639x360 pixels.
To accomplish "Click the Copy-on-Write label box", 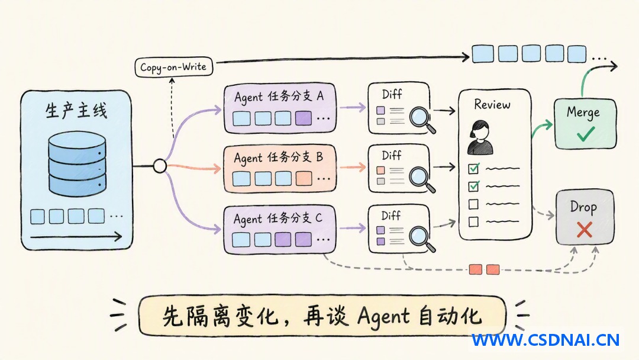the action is coord(173,67).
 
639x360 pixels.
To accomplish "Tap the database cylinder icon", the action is coord(77,164).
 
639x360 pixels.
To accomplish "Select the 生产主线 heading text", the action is coord(76,111).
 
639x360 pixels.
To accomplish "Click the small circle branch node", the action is coord(160,166).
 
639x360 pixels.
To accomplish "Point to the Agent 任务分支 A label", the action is coord(279,97).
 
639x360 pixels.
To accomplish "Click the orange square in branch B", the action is coord(304,179).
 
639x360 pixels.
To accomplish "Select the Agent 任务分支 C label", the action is coord(278,218).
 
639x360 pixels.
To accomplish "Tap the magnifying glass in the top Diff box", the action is coord(422,119).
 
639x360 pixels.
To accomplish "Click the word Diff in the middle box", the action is coord(391,155).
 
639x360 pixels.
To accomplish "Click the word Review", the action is coord(492,105).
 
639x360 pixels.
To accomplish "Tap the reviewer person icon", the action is coord(480,137).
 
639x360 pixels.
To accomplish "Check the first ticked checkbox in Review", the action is coord(473,168).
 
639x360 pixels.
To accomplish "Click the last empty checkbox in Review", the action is coord(473,222).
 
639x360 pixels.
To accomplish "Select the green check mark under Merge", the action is coord(586,133).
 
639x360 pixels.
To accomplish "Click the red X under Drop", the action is coord(585,230).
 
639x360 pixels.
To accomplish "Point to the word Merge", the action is coord(583,112).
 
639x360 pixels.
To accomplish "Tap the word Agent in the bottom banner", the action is coord(383,316).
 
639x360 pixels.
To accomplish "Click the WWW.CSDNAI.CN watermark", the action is coord(546,340).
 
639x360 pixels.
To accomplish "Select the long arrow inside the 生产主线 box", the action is coord(76,236).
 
